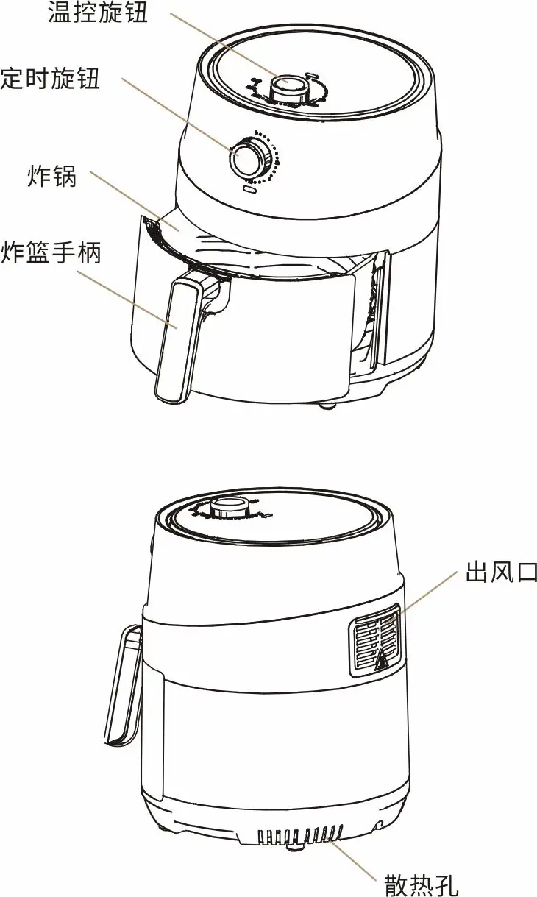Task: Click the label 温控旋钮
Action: [98, 13]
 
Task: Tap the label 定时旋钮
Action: [50, 78]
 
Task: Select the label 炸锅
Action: [52, 176]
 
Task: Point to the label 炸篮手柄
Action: [51, 252]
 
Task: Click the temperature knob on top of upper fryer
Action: [288, 91]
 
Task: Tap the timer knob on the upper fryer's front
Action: [249, 157]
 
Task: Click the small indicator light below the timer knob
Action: [250, 188]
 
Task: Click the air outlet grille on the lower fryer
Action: [376, 640]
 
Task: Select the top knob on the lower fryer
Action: [230, 508]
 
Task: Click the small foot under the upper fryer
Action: [327, 406]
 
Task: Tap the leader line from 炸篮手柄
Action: [127, 299]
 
